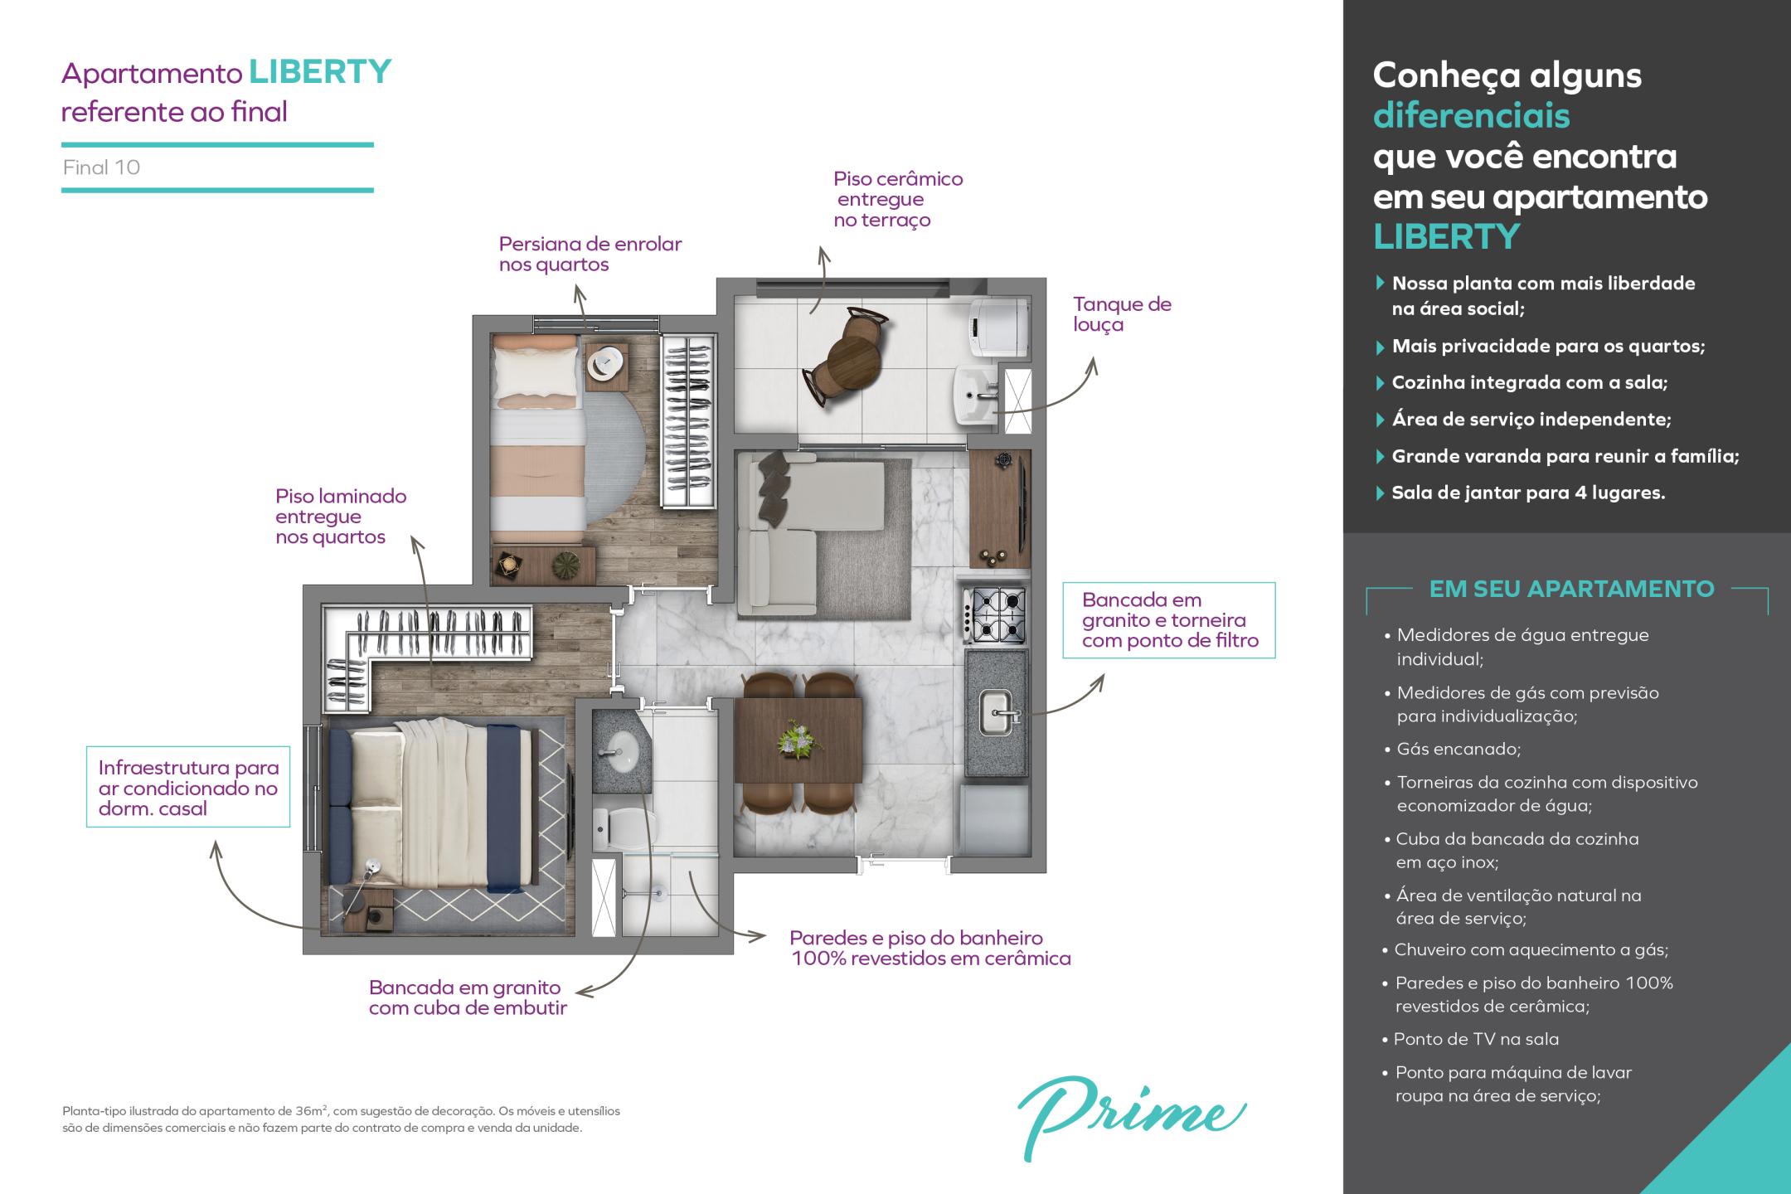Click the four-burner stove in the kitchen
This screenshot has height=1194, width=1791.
coord(996,614)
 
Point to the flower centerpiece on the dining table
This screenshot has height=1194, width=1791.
coord(798,739)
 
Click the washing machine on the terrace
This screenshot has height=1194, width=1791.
coord(1000,327)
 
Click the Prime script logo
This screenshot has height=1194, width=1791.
coord(1131,1117)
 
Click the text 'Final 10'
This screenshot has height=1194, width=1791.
coord(101,167)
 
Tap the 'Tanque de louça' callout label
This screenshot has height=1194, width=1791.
coord(1122,314)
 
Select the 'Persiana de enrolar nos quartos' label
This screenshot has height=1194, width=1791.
coord(590,254)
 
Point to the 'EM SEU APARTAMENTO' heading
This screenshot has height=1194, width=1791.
coord(1571,589)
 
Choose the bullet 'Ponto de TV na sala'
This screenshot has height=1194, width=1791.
coord(1470,1039)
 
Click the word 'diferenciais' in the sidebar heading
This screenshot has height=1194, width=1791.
coord(1471,115)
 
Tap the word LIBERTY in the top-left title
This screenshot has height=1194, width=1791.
coord(320,72)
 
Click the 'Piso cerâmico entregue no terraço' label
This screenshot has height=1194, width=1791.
coord(898,199)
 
